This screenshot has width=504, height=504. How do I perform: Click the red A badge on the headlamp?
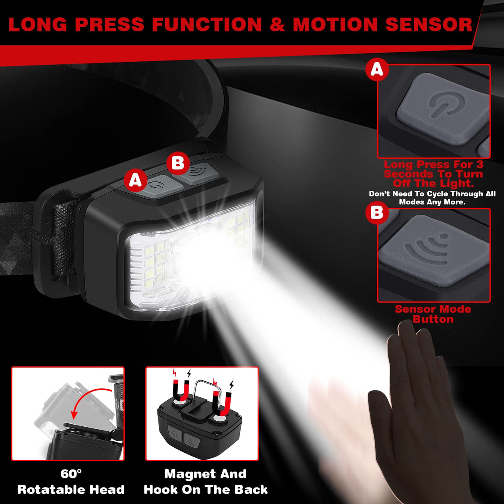[x=136, y=179]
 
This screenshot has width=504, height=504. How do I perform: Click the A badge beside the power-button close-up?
[x=377, y=70]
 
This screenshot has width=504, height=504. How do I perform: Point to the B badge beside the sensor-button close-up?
[x=377, y=213]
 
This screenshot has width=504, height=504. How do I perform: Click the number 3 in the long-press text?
[x=479, y=165]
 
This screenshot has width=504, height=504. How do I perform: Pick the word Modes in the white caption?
[x=412, y=202]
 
